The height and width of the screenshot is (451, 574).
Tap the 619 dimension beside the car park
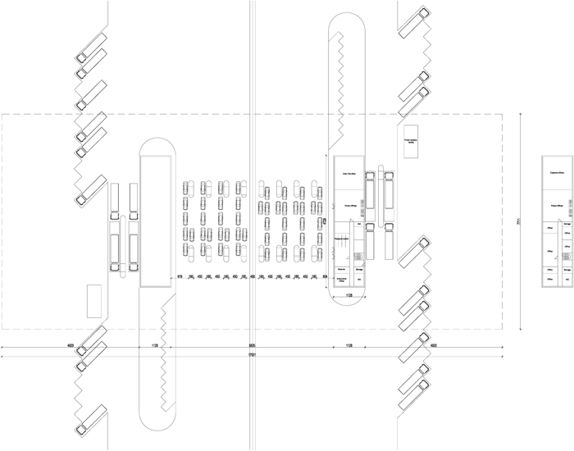pyautogui.click(x=180, y=277)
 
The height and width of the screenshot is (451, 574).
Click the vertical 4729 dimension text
pyautogui.click(x=325, y=221)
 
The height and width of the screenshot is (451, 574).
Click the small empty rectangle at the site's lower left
pyautogui.click(x=94, y=300)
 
